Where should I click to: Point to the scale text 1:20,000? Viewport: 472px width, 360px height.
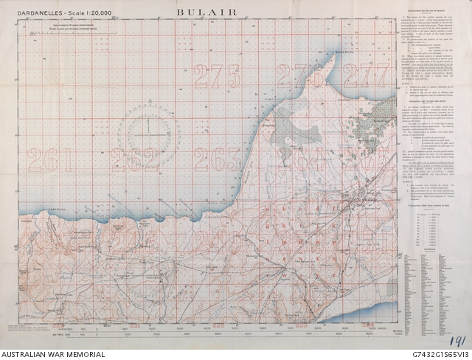click(x=100, y=14)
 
